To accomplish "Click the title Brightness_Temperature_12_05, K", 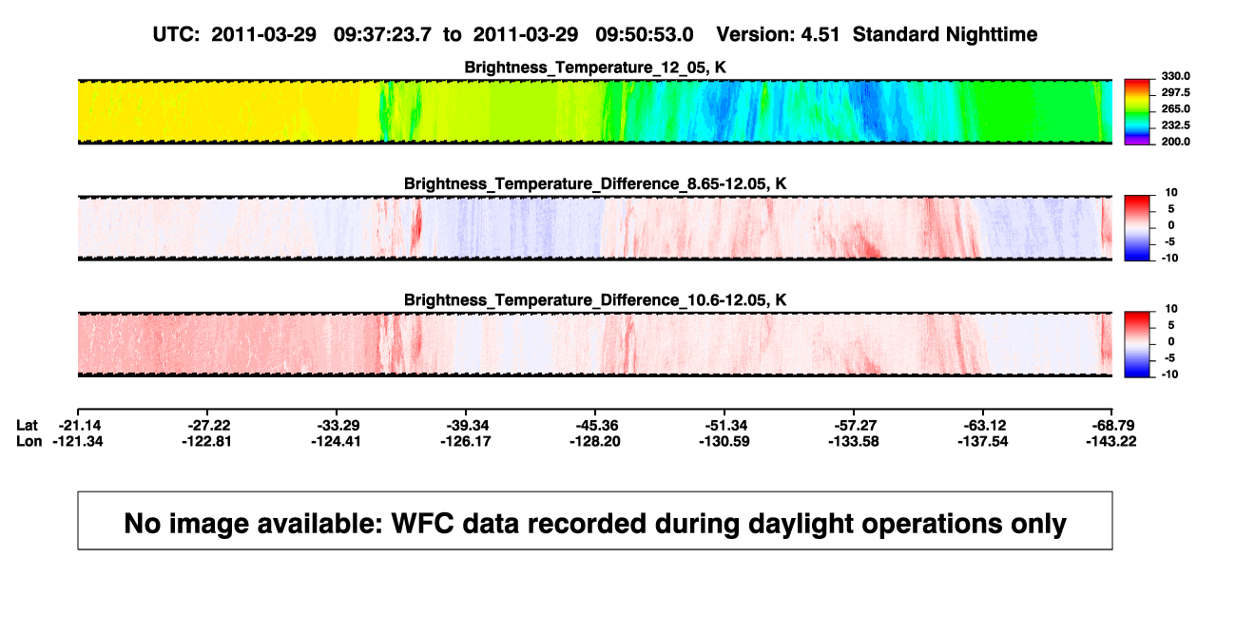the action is pyautogui.click(x=595, y=67).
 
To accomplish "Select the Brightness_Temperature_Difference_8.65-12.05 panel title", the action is pyautogui.click(x=595, y=183).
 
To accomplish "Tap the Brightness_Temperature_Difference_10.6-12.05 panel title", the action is pyautogui.click(x=595, y=300).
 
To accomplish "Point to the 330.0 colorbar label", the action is pyautogui.click(x=1175, y=76).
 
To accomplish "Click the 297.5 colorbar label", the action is pyautogui.click(x=1175, y=92).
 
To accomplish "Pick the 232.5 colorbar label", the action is pyautogui.click(x=1175, y=125).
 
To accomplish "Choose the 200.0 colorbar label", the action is pyautogui.click(x=1175, y=142).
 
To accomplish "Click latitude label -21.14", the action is pyautogui.click(x=80, y=426).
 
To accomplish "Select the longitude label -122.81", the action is pyautogui.click(x=206, y=441).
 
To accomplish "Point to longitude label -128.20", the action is pyautogui.click(x=595, y=441).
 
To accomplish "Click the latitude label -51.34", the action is pyautogui.click(x=726, y=426).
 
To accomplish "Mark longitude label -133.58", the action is pyautogui.click(x=854, y=441).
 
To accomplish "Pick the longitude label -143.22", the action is pyautogui.click(x=1111, y=441).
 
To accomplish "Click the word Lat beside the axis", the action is pyautogui.click(x=27, y=426).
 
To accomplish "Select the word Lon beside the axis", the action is pyautogui.click(x=29, y=441).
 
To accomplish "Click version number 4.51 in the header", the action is pyautogui.click(x=821, y=35).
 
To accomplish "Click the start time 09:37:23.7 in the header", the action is pyautogui.click(x=382, y=35).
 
